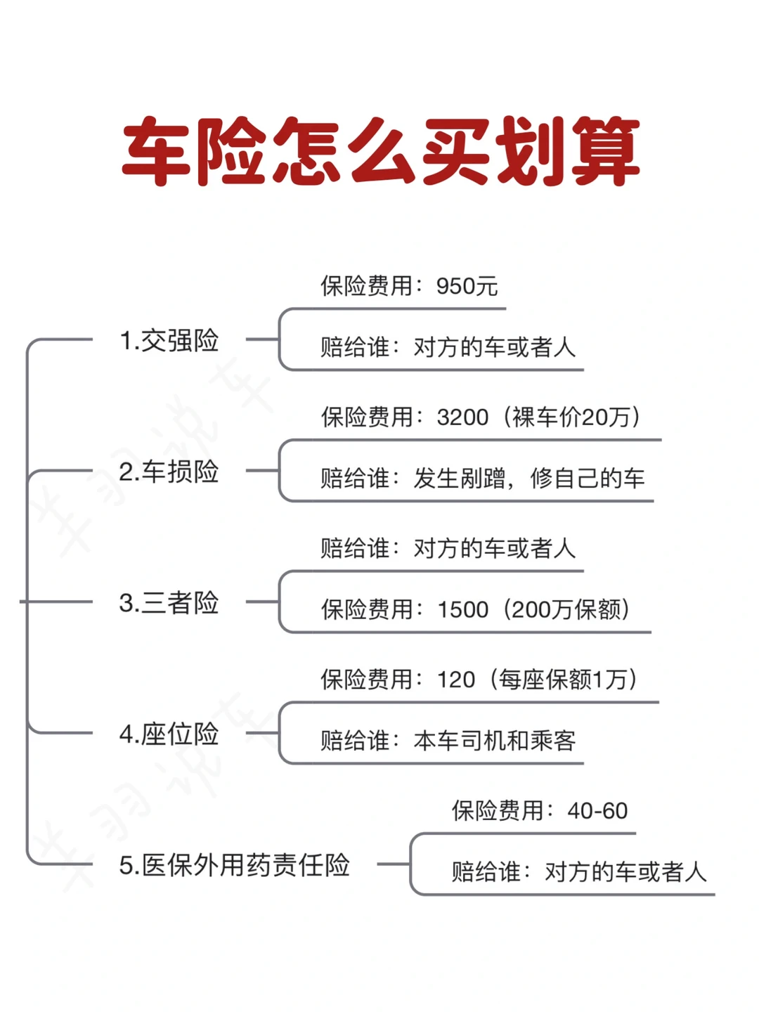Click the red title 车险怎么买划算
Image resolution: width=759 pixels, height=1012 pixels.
pos(380,152)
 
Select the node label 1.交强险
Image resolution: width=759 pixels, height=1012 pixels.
pos(169,341)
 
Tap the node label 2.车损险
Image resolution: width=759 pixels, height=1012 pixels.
pos(169,472)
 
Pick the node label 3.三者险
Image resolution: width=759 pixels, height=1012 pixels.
pos(169,603)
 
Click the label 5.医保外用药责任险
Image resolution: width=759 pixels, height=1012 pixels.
pos(235,865)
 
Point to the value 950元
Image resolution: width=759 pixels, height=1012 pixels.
pos(467,286)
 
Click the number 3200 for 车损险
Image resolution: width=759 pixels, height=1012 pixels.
pos(462,417)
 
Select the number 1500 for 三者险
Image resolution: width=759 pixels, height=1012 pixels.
pos(462,609)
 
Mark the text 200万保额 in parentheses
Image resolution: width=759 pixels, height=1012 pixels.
pos(570,609)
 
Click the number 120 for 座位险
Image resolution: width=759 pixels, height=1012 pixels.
pos(456,680)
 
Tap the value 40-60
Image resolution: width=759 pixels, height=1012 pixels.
pos(597,811)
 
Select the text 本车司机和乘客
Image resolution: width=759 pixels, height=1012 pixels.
pos(495,741)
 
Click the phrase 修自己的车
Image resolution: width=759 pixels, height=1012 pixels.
pos(588,479)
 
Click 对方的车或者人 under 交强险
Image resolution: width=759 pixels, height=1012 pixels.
pos(495,347)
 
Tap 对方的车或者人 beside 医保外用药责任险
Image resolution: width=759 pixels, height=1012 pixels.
pos(625,872)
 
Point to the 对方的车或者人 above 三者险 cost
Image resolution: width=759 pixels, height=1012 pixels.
pos(495,548)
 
